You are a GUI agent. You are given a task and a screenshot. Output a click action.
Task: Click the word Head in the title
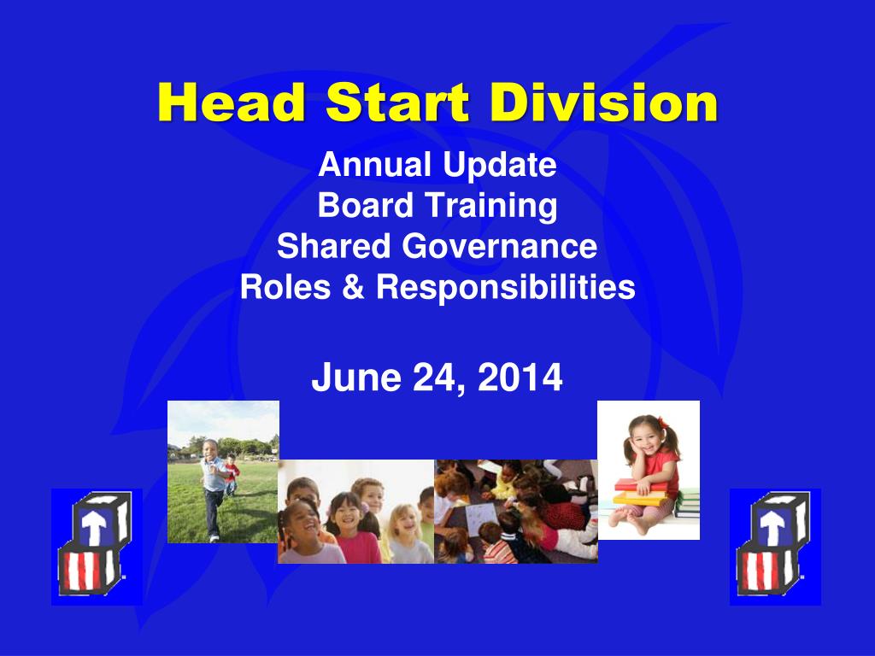point(232,102)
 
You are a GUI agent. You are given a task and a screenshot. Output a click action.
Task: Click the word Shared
point(334,246)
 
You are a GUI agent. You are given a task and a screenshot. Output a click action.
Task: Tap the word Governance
point(499,246)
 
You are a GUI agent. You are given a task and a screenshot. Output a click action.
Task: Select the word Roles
point(285,287)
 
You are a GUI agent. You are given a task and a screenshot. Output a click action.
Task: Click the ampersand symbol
point(353,287)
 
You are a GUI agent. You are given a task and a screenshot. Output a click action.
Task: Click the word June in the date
point(356,378)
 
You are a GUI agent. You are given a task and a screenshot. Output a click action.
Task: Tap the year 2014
point(520,378)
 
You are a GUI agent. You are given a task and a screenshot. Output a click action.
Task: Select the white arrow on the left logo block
point(94,525)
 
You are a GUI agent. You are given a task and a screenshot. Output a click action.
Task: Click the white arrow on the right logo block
point(772,525)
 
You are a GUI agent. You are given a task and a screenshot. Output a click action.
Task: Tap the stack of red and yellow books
point(640,492)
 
